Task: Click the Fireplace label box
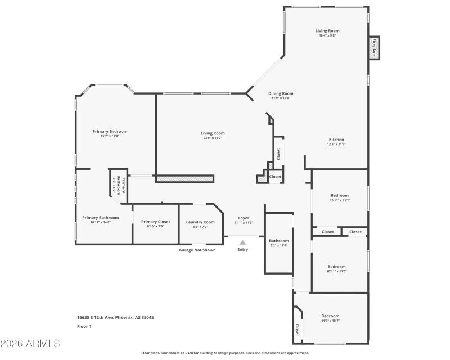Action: tap(373, 47)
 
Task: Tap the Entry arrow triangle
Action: tap(242, 242)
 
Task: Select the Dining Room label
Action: tap(280, 93)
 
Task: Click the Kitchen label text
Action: tap(336, 139)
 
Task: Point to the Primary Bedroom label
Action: tap(110, 131)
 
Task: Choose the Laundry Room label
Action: tap(200, 222)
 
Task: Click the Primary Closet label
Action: tap(155, 222)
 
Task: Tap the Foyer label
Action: tap(244, 218)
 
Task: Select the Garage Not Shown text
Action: tap(197, 250)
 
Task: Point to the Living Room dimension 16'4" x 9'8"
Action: tap(327, 36)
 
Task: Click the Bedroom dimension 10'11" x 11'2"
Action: tap(339, 200)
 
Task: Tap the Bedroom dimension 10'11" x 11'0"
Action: tap(336, 271)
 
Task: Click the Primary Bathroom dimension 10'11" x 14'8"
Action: tap(100, 222)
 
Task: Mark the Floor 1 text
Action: tap(84, 326)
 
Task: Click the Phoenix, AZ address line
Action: tap(115, 317)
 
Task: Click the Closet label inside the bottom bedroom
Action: tap(297, 328)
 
